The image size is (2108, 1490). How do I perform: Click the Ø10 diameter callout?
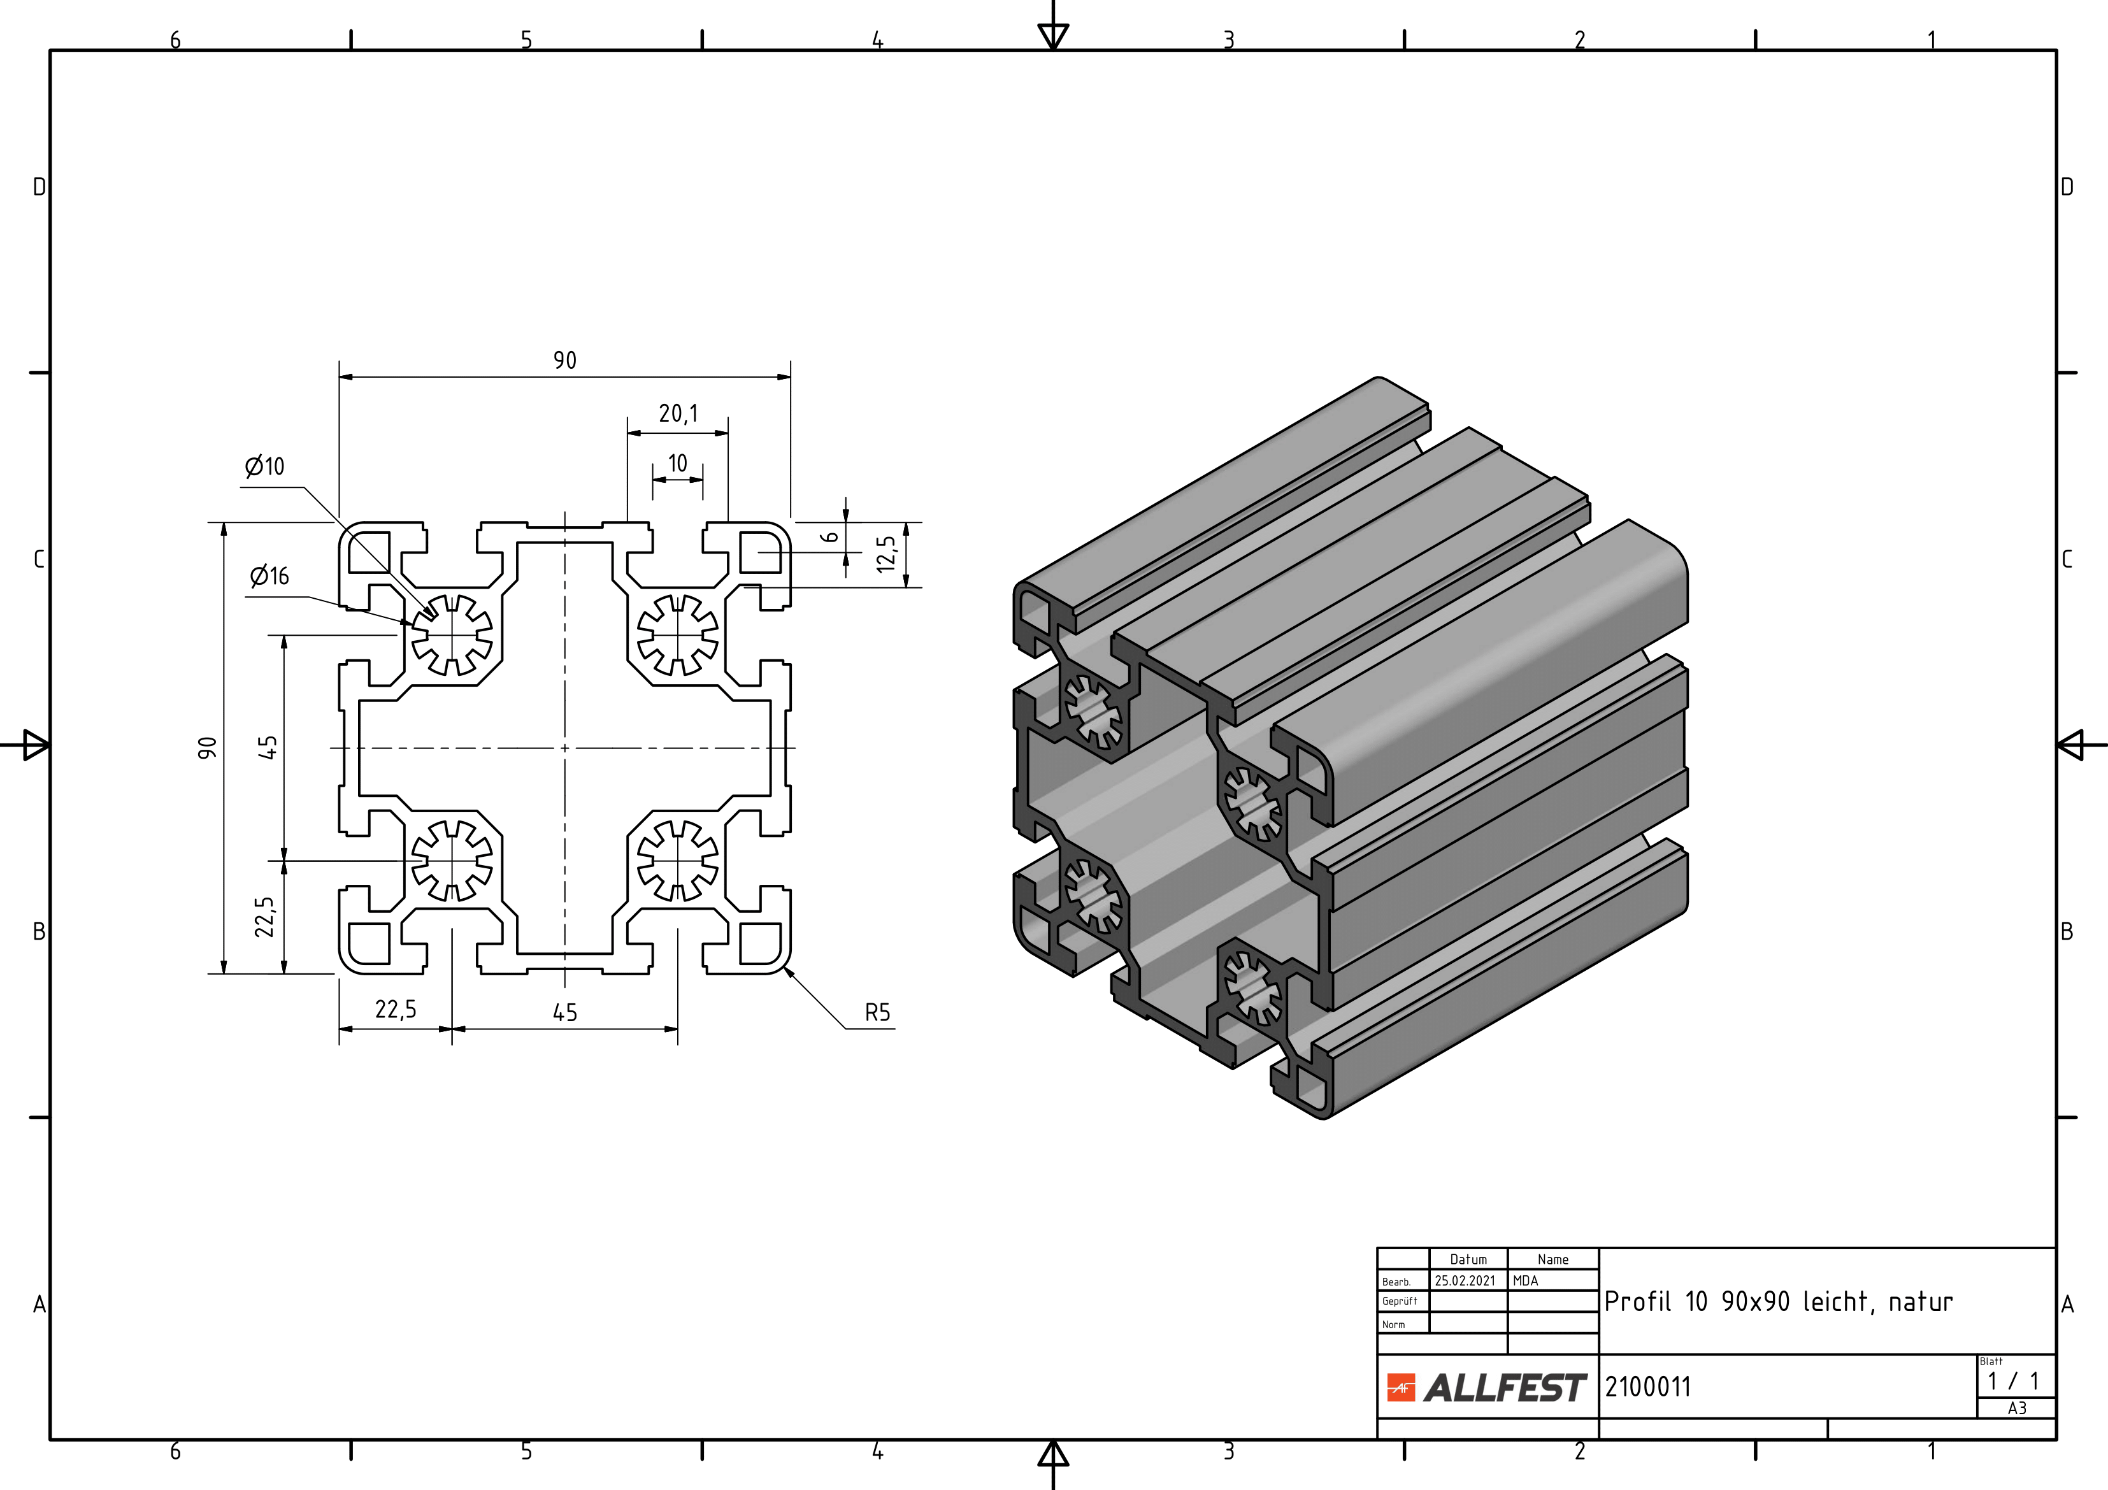(266, 466)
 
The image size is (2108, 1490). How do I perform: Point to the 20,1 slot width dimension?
(678, 414)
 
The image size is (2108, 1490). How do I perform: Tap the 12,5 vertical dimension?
(886, 554)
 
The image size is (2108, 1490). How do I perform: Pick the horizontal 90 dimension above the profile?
(564, 361)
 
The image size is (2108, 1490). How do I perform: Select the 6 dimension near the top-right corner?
(830, 536)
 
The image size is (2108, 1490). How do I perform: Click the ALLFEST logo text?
(1505, 1387)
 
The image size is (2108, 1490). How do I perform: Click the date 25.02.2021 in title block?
(1465, 1280)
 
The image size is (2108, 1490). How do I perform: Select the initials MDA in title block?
(1525, 1280)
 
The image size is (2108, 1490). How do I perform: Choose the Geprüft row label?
(1399, 1301)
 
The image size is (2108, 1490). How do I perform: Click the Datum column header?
(1468, 1259)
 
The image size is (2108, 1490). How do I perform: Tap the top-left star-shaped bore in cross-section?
(451, 634)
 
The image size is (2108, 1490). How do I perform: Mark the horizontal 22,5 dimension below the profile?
(396, 1010)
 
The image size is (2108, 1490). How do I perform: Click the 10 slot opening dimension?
(678, 464)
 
